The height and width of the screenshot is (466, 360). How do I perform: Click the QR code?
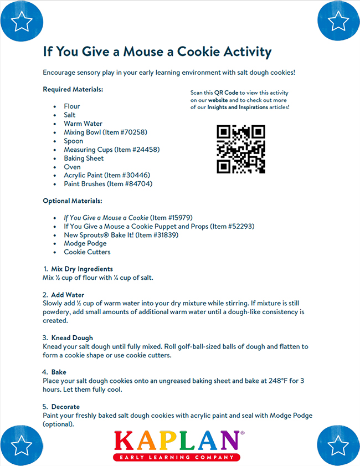click(240, 149)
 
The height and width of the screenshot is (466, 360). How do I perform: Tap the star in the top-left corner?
click(22, 22)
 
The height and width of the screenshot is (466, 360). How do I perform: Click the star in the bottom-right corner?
click(337, 444)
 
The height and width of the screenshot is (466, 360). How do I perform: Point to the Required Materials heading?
click(73, 89)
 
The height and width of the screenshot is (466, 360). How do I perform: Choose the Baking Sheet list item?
click(84, 158)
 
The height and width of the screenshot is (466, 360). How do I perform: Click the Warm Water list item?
click(83, 124)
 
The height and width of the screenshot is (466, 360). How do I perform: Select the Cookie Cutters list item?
click(87, 252)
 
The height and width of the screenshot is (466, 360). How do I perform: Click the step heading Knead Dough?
click(72, 337)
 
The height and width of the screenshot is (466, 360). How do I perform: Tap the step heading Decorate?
click(65, 407)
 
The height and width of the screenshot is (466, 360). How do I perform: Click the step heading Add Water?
click(68, 295)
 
